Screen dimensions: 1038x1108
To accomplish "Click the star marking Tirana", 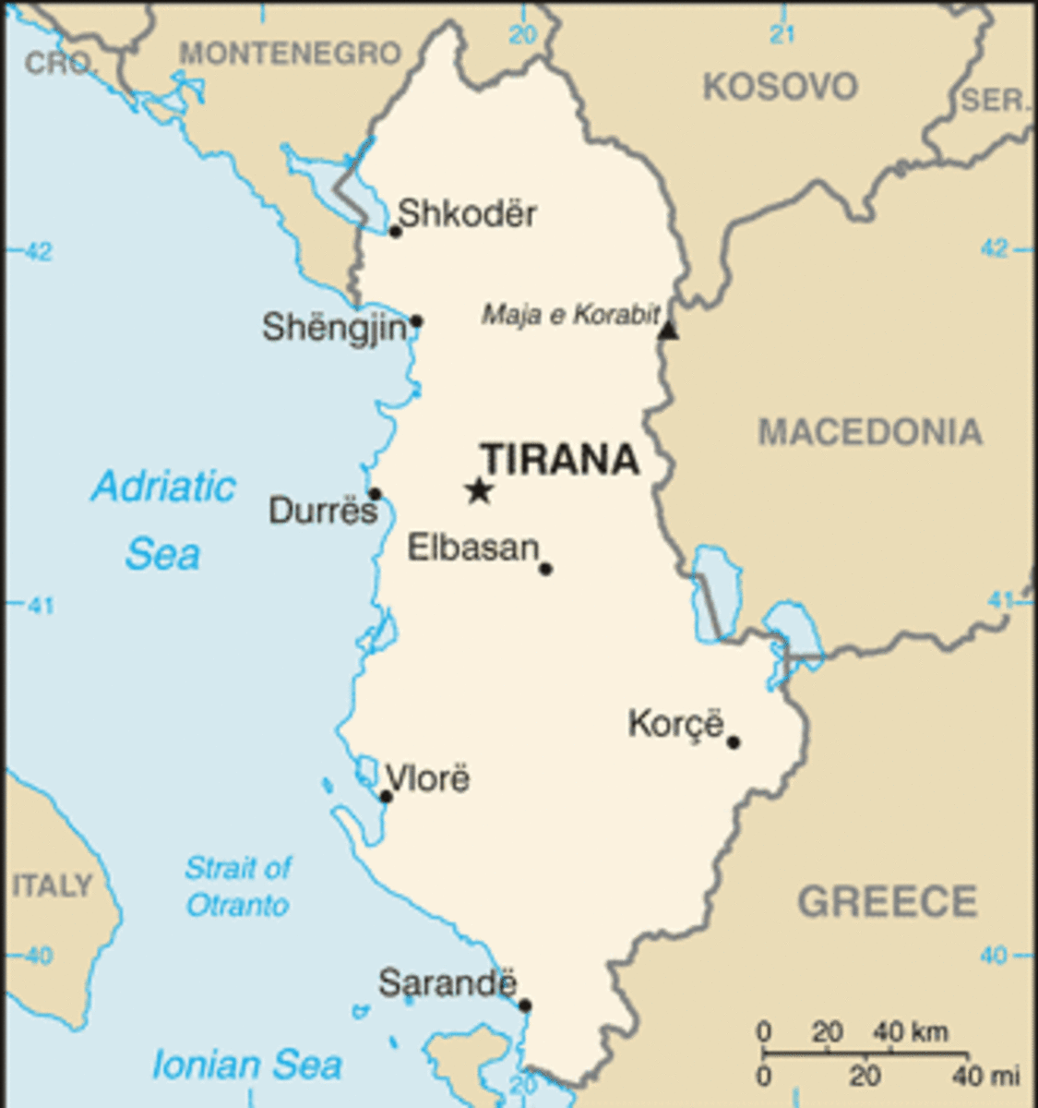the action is click(478, 489).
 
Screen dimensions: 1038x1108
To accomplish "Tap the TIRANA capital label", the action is click(560, 459).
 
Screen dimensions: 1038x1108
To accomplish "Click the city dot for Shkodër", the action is click(396, 231).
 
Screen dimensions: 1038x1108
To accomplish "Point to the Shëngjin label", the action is click(334, 327).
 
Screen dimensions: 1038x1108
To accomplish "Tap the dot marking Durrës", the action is click(375, 494).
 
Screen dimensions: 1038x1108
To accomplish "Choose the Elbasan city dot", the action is click(545, 569).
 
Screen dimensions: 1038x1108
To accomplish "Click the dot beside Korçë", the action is click(734, 741).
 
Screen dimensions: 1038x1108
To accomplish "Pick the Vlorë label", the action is click(427, 778).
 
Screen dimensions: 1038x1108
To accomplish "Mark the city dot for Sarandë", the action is click(525, 1006).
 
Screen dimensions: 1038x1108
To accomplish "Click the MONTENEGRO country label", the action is click(290, 54).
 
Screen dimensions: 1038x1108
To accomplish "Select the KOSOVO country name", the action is click(781, 88).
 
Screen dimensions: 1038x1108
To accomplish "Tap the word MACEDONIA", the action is click(870, 432).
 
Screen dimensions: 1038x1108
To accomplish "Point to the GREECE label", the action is click(887, 901).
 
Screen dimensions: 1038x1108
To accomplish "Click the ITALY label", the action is click(53, 885).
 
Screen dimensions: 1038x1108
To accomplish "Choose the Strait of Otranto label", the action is click(238, 886).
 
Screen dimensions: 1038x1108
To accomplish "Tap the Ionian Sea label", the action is click(246, 1065).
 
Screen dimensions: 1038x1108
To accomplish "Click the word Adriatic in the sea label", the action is click(163, 486).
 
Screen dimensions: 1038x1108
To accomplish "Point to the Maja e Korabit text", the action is click(570, 315).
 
